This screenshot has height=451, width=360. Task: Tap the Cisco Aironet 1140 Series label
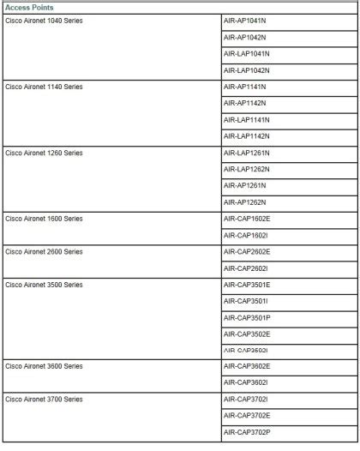(x=44, y=87)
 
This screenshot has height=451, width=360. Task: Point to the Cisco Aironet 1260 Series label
(x=44, y=153)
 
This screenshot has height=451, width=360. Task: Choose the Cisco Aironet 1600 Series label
(x=44, y=219)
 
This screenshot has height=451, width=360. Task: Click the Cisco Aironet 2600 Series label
(x=44, y=251)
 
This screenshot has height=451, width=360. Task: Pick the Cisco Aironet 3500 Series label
(x=44, y=284)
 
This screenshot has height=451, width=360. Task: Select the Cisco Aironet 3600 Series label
(x=44, y=366)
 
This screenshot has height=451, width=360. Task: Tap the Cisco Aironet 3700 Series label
(x=44, y=399)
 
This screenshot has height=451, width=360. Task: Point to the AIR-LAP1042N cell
(x=246, y=69)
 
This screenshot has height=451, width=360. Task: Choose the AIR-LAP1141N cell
(x=246, y=119)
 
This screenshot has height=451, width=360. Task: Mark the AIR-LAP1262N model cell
(x=246, y=169)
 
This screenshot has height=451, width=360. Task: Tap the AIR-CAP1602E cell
(x=246, y=219)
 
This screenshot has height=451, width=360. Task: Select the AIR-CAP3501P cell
(x=246, y=317)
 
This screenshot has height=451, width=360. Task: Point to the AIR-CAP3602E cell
(x=246, y=366)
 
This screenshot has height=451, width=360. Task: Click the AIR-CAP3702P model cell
(x=246, y=431)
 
